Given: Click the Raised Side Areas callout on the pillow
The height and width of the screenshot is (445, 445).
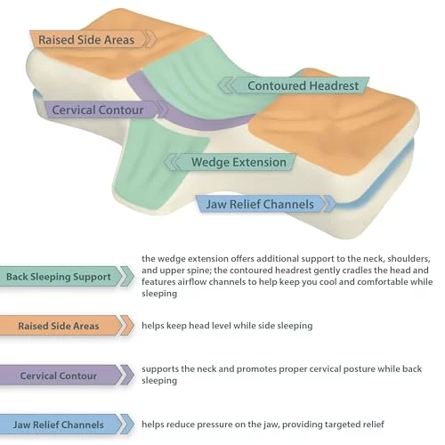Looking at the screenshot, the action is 92,39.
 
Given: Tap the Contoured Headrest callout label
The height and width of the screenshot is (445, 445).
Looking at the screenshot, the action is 294,85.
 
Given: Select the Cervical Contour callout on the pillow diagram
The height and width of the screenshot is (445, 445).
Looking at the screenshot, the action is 104,109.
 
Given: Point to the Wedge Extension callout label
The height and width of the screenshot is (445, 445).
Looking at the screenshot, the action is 230,162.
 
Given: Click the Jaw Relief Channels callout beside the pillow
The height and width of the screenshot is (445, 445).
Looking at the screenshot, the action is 265,204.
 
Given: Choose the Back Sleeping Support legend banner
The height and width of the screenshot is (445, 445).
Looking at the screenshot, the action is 67,277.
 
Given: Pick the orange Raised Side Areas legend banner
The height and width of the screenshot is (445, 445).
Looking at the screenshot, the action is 67,326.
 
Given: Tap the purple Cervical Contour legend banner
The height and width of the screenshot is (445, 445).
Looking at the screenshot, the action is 67,376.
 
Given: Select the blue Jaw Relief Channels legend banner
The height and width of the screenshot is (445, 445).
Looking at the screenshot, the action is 67,425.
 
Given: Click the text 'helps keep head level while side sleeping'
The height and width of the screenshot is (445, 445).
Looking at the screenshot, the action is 227,326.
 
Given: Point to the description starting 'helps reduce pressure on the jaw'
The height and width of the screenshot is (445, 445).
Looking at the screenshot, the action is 263,425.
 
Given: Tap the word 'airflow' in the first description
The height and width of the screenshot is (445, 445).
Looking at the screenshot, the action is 195,281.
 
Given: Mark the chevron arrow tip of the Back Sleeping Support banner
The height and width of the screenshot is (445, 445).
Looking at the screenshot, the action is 133,277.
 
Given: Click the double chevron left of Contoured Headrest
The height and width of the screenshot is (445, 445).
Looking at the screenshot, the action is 226,85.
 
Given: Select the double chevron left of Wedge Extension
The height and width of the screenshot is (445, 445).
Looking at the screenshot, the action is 172,162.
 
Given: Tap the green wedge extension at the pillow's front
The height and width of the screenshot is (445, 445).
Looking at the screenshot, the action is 154,166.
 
